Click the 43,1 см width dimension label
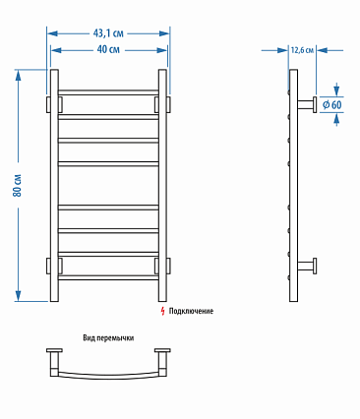(108, 33)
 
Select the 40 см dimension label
(108, 49)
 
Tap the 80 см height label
(18, 185)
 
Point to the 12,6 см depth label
(302, 50)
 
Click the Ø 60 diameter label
(331, 105)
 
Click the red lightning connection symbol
(162, 311)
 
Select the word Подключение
(191, 311)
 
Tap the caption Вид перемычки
(108, 338)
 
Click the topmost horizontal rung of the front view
(108, 92)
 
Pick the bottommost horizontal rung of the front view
(108, 277)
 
